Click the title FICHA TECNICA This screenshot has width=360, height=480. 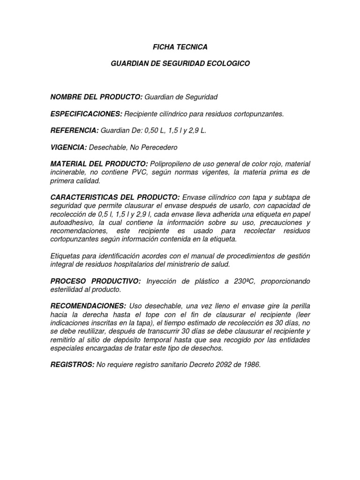tap(180, 47)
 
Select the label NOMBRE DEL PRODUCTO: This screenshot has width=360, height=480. tap(97, 97)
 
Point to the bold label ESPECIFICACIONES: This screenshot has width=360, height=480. tap(86, 114)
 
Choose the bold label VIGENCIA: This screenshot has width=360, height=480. tap(68, 148)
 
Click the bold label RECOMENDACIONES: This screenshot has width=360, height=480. tap(88, 306)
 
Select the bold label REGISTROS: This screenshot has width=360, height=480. tap(72, 365)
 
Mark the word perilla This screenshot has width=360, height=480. tap(299, 306)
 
